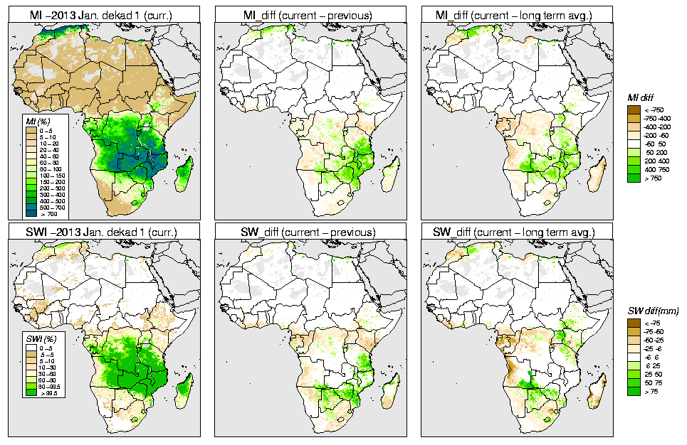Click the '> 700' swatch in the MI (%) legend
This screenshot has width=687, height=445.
pos(29,213)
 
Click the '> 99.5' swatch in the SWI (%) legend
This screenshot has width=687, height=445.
pos(29,392)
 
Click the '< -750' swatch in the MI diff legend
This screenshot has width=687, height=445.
pos(633,109)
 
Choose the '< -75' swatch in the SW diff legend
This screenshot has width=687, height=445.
pos(633,323)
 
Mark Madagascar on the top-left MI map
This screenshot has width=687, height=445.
pos(184,173)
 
